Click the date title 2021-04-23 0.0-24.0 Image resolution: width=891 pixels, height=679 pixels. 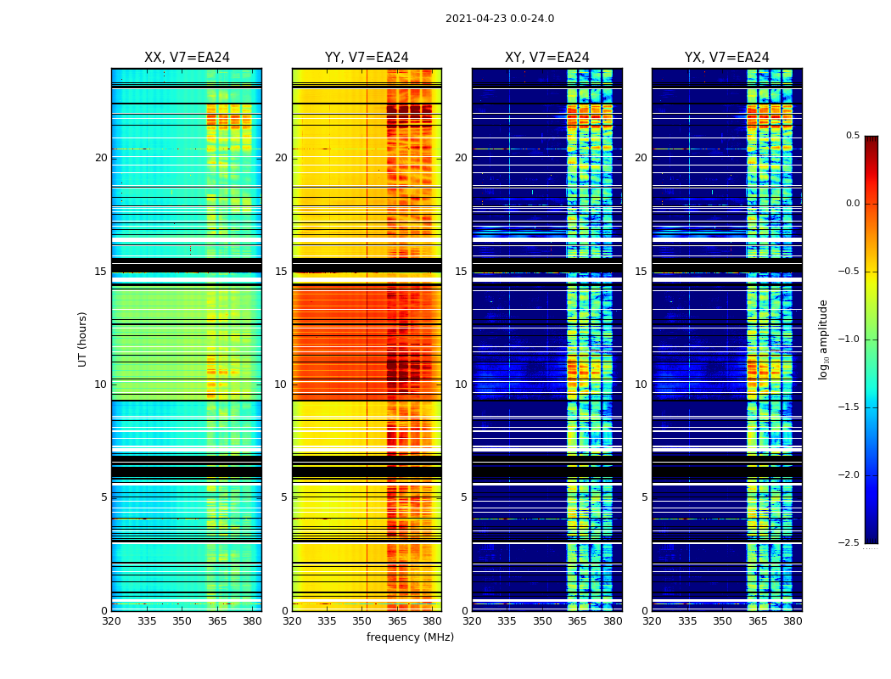tap(499, 19)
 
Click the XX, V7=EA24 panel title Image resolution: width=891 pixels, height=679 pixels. tap(187, 58)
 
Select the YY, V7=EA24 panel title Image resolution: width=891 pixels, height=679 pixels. tap(367, 58)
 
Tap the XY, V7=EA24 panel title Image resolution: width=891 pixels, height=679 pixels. tap(546, 58)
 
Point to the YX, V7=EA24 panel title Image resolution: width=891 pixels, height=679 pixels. tap(726, 58)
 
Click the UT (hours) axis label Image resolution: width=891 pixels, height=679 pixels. tap(82, 339)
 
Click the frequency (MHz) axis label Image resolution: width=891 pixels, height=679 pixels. tap(410, 637)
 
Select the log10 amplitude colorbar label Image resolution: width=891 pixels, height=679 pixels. tap(823, 339)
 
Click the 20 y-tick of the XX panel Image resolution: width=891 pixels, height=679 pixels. tap(101, 158)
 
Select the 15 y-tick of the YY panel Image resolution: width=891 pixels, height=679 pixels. tap(281, 272)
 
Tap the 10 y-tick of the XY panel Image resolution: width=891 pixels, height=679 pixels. tap(461, 384)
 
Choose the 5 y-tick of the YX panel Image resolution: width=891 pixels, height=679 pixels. tap(644, 497)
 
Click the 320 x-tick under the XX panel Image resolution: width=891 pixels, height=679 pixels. tap(111, 621)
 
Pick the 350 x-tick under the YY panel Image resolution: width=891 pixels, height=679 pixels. tap(361, 621)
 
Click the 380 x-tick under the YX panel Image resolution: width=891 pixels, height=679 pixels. tap(793, 621)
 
